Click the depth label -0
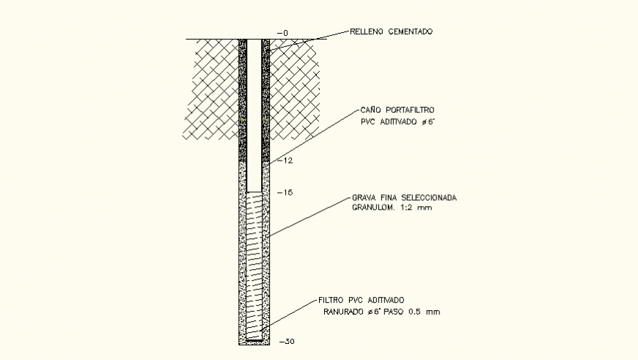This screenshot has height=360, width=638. click(x=285, y=33)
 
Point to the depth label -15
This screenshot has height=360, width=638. click(x=285, y=192)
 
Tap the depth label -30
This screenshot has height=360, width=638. click(x=286, y=342)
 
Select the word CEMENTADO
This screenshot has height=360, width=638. click(x=411, y=32)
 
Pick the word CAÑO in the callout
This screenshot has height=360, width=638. click(x=371, y=110)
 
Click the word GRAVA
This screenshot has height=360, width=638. click(x=364, y=198)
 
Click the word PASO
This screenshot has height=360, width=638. click(x=395, y=312)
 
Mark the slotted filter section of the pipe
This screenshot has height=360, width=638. click(x=254, y=264)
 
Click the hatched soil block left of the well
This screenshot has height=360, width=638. click(x=210, y=88)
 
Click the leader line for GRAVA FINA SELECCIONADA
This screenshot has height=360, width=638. click(x=308, y=216)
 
